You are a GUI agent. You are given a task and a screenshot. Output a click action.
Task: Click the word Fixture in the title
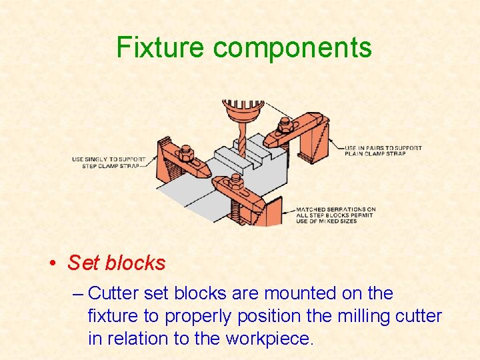tap(161, 48)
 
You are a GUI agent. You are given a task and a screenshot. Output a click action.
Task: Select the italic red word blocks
tap(135, 263)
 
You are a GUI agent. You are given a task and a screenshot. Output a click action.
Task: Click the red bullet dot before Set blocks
tap(53, 263)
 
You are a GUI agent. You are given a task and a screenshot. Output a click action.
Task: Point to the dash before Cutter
tap(78, 293)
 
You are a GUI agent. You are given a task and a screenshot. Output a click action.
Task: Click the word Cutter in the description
tap(114, 293)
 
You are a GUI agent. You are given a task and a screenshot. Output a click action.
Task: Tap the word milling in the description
tap(362, 316)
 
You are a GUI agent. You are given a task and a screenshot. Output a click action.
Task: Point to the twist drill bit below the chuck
tap(241, 143)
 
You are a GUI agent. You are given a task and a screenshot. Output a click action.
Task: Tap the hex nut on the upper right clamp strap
tap(285, 125)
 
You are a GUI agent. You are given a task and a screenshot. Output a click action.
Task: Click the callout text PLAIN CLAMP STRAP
tap(375, 153)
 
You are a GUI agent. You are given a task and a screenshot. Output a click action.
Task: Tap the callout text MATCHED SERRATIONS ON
tap(335, 209)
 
